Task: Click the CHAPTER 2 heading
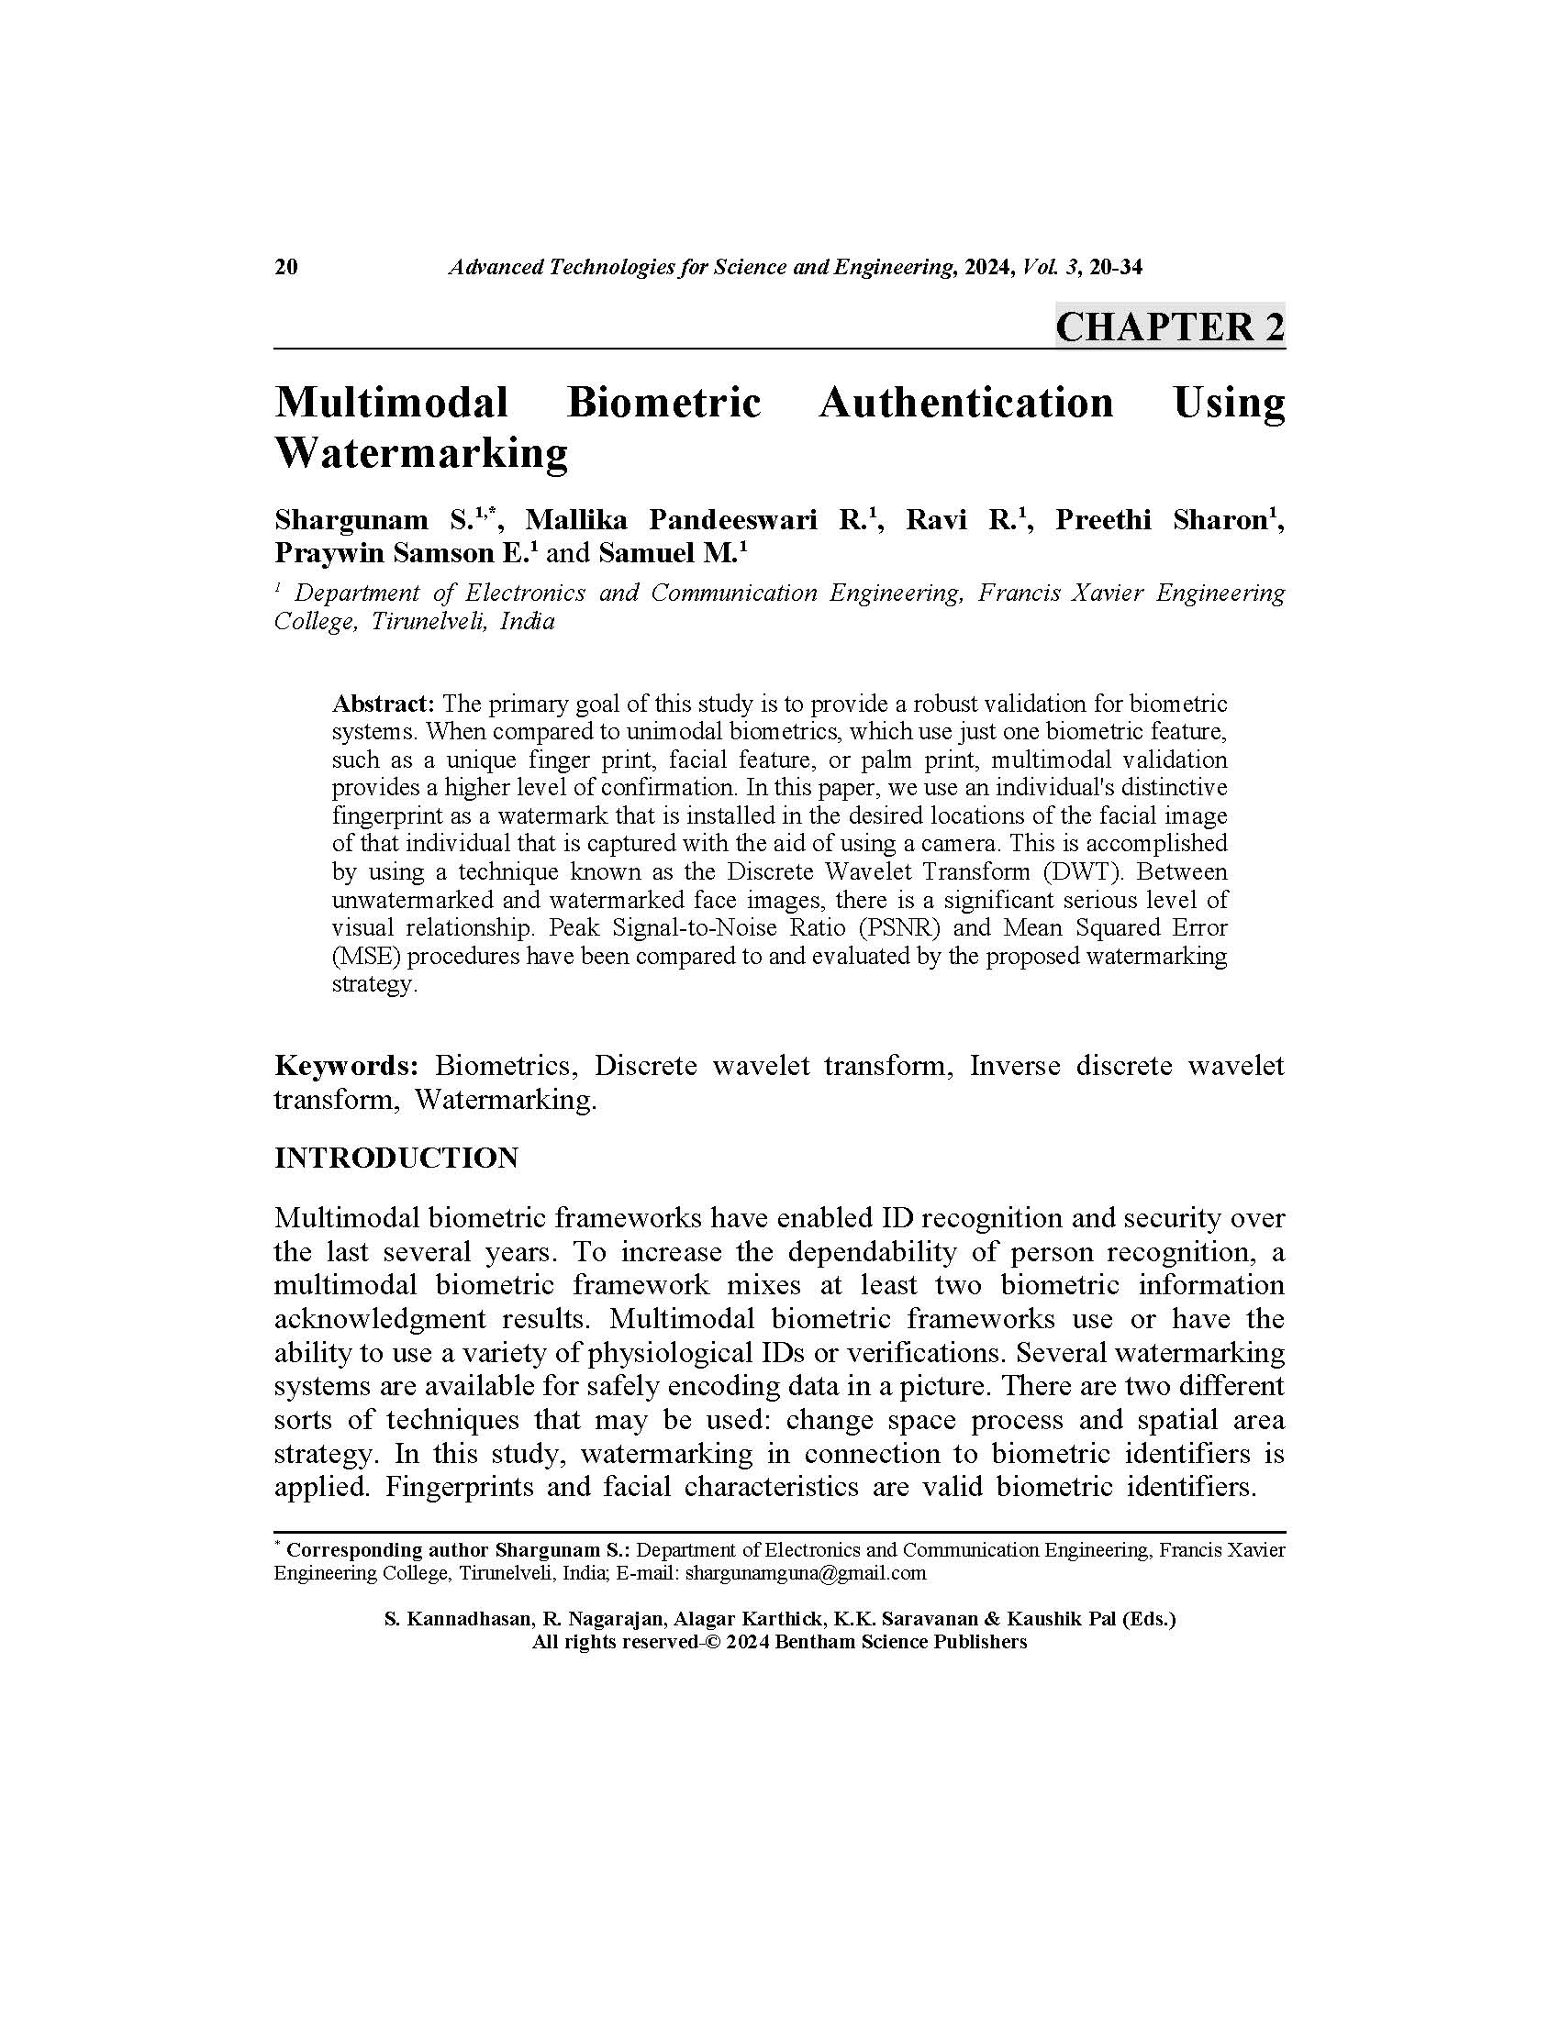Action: coord(1169,327)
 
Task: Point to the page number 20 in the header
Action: coord(285,268)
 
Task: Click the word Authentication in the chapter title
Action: coord(965,403)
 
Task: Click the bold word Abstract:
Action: coord(383,704)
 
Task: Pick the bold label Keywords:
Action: coord(347,1066)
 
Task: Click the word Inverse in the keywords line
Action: coord(1015,1066)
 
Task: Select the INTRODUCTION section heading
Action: coord(396,1159)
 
